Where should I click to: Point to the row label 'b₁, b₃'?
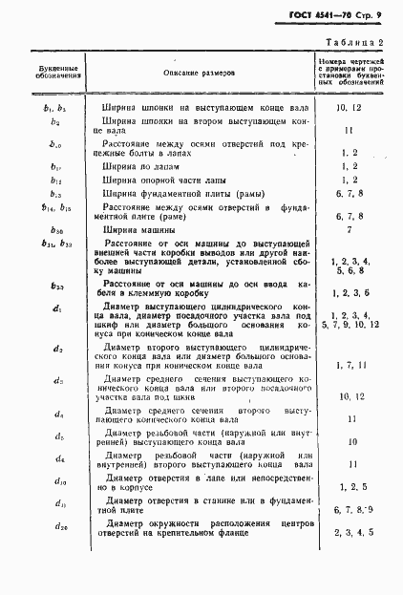(55, 109)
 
